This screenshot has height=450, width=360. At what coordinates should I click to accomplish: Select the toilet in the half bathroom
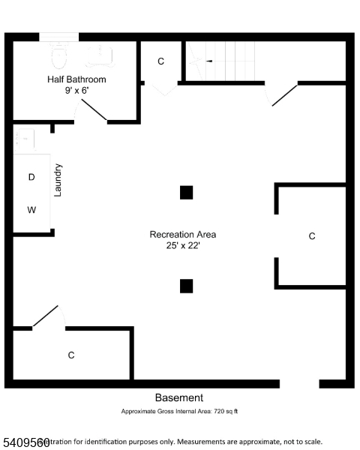tap(59, 54)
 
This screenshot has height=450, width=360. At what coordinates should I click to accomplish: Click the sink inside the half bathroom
tap(100, 52)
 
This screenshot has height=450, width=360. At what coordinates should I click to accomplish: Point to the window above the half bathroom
tap(58, 36)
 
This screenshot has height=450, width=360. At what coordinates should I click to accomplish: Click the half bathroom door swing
tap(93, 110)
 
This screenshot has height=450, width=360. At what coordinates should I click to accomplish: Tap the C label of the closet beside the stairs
tap(160, 61)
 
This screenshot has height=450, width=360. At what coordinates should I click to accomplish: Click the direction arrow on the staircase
tap(210, 61)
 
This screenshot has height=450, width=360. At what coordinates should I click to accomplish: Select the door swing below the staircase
tap(283, 95)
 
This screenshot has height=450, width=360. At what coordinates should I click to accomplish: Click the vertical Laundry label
tap(58, 181)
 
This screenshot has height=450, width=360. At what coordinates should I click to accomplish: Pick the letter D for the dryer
tap(31, 178)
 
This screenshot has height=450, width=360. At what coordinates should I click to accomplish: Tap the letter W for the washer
tap(31, 210)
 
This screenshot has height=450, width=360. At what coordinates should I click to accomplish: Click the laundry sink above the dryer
tap(23, 139)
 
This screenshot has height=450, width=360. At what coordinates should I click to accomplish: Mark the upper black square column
tap(186, 193)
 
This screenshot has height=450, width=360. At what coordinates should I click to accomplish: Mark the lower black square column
tap(186, 286)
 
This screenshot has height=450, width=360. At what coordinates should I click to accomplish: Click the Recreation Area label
tap(183, 235)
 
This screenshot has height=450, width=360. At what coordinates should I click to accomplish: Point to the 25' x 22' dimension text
tap(183, 246)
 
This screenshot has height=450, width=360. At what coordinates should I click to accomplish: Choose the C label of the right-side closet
tap(312, 236)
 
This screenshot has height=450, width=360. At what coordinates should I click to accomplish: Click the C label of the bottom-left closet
tap(71, 355)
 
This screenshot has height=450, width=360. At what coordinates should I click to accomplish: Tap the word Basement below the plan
tap(178, 398)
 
